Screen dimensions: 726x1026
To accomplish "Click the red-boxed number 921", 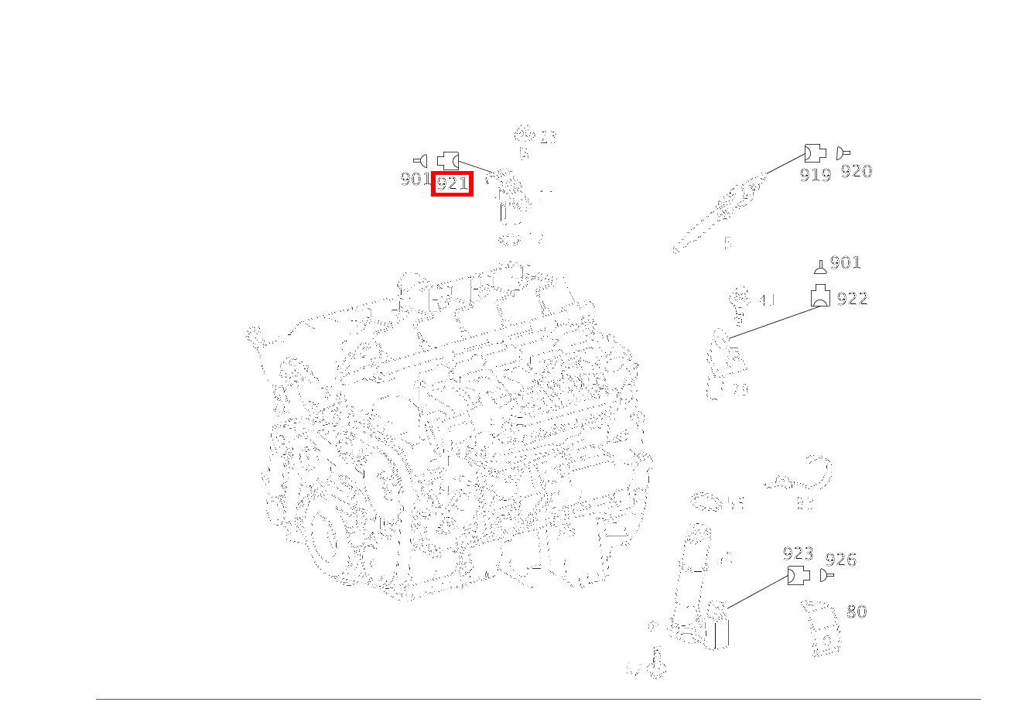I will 452,183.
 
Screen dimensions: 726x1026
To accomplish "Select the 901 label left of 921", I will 415,180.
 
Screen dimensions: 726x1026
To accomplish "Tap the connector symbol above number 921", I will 448,161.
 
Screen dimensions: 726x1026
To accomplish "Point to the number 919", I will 815,176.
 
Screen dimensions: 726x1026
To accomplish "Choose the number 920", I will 856,172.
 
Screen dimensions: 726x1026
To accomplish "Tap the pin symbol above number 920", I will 843,153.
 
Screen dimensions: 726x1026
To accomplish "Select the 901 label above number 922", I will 845,263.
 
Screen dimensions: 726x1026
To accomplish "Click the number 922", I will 852,299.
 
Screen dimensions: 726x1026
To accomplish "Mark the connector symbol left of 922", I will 820,296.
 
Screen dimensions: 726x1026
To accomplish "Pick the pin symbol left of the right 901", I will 820,268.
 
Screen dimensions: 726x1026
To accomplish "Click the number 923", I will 798,554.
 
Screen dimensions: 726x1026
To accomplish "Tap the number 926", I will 840,560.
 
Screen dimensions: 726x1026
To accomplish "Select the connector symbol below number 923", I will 799,576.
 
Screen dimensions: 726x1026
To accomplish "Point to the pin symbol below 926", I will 827,577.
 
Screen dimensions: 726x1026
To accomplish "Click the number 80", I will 856,612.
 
